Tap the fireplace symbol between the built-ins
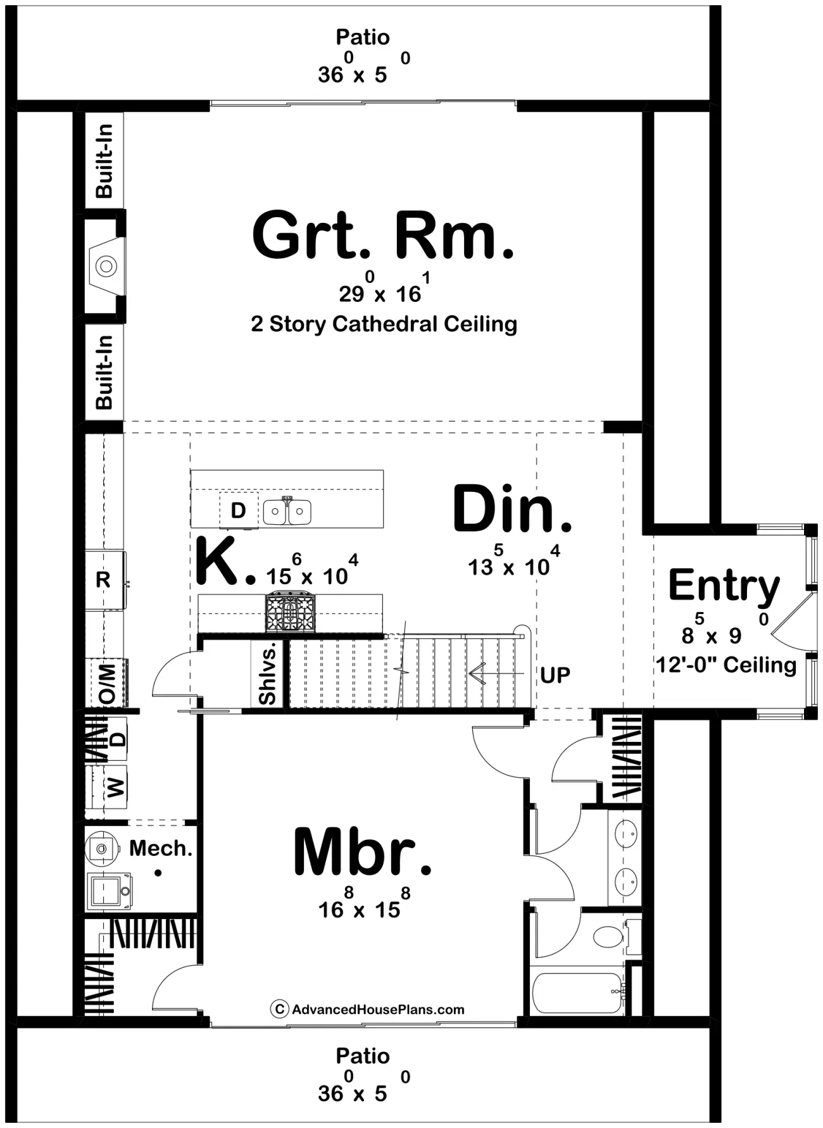[106, 266]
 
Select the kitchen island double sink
[287, 511]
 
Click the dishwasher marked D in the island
[239, 510]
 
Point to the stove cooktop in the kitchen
[290, 612]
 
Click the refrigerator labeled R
[104, 580]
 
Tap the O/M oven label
[107, 684]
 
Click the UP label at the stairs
[555, 675]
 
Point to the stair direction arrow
[497, 674]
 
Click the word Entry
[724, 586]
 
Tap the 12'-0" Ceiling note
[726, 665]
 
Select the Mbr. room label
[363, 852]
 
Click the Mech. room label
[161, 848]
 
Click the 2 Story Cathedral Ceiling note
[384, 324]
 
